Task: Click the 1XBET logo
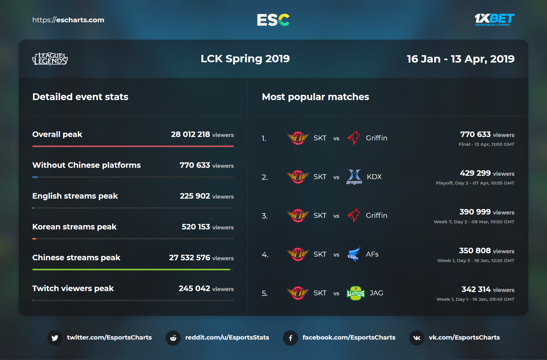tap(494, 20)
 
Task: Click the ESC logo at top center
tap(273, 20)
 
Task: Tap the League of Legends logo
tap(50, 59)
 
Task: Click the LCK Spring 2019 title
tap(245, 59)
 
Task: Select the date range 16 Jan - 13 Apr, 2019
tap(460, 59)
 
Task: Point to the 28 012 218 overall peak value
tap(191, 134)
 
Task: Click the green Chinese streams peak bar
tap(131, 269)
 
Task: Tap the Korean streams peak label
tap(74, 227)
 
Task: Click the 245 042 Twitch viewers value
tap(194, 288)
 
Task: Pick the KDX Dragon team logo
tap(354, 177)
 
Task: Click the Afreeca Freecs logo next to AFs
tap(354, 254)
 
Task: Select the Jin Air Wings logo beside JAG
tap(355, 293)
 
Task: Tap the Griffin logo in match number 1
tap(354, 138)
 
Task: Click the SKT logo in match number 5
tap(298, 293)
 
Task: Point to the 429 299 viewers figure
tap(475, 173)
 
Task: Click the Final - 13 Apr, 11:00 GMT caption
tap(486, 144)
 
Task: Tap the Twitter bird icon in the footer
tap(55, 338)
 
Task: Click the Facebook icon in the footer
tap(291, 338)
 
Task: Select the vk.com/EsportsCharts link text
tap(464, 337)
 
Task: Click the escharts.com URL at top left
tap(68, 20)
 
